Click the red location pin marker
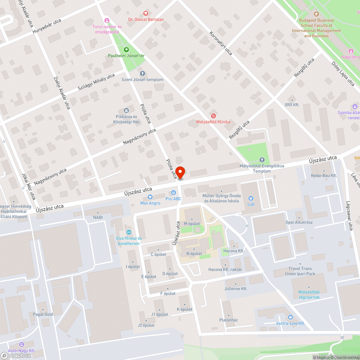[180, 172]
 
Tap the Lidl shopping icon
[251, 198]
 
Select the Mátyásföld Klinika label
[213, 122]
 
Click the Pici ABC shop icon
[174, 193]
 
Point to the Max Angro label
[150, 203]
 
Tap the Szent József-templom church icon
[143, 73]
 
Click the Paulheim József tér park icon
[126, 50]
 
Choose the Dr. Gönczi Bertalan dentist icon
[145, 13]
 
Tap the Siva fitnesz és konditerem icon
[128, 232]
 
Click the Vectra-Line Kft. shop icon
[291, 317]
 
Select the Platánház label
[228, 320]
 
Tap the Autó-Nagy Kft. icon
[21, 345]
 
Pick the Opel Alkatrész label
[299, 222]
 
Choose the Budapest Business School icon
[316, 14]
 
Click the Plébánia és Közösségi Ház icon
[126, 111]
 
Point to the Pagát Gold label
[43, 314]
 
